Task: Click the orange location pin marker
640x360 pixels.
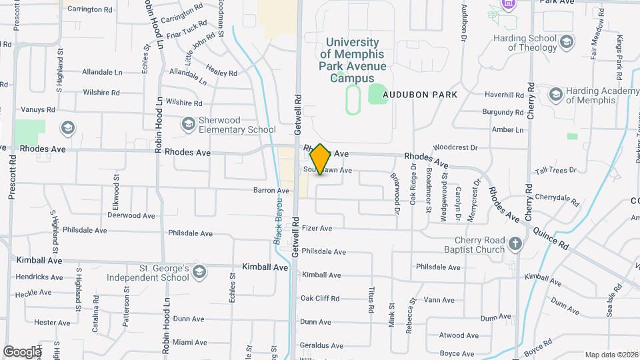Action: (x=320, y=159)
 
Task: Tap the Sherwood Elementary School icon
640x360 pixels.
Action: (x=189, y=123)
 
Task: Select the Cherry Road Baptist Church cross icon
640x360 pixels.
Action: (x=515, y=244)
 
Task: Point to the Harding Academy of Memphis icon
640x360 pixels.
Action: (x=555, y=95)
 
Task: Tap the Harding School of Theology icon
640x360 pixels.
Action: (x=566, y=43)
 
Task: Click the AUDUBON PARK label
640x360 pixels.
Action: (x=420, y=95)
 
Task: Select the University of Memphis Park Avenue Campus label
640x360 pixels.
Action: (x=353, y=60)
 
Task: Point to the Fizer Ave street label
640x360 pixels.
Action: (x=317, y=228)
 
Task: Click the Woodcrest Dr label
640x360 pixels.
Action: (x=455, y=147)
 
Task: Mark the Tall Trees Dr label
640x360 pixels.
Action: (x=555, y=171)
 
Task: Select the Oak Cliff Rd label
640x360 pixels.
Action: (x=320, y=298)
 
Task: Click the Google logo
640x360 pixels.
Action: (x=22, y=351)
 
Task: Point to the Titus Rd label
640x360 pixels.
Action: (x=371, y=299)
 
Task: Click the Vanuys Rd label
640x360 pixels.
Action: (x=37, y=109)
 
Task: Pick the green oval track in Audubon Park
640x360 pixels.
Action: (x=353, y=100)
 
